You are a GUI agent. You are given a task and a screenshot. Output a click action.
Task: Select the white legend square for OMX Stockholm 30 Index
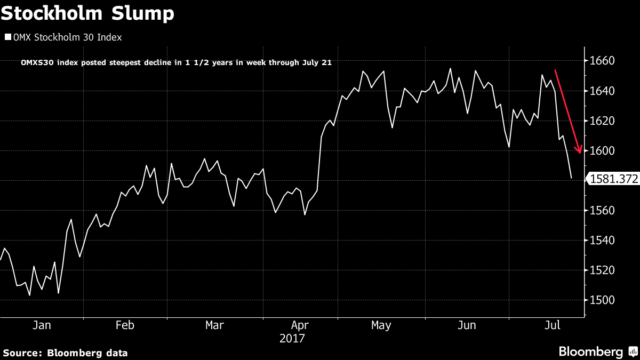(x=7, y=37)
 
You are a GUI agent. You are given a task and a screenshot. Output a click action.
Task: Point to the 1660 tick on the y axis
(x=603, y=61)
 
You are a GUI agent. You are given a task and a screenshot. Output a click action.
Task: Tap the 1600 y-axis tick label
(x=603, y=151)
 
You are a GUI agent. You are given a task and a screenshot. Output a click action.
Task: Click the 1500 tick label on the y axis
(x=603, y=300)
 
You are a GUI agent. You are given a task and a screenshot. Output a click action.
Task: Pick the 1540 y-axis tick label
(x=603, y=241)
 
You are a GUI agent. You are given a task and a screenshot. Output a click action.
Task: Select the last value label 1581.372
(x=613, y=180)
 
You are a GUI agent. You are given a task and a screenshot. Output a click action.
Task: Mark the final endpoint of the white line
(x=571, y=178)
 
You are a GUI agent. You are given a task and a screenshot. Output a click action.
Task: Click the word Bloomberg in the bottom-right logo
(x=590, y=352)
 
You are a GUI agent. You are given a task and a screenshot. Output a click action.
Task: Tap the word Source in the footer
(x=21, y=353)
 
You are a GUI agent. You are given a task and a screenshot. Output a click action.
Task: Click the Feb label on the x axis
(x=124, y=325)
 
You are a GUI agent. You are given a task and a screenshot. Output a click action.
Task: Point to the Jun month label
(x=467, y=325)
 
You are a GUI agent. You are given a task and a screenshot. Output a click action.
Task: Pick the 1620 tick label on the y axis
(x=603, y=121)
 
